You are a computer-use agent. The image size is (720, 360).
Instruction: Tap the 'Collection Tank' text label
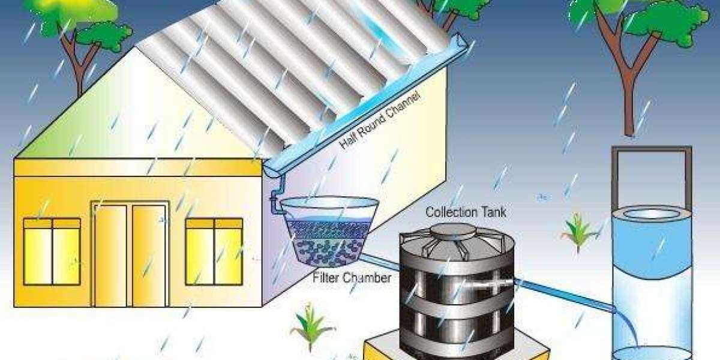click(x=466, y=212)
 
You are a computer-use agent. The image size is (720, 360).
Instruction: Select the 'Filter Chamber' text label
click(x=352, y=278)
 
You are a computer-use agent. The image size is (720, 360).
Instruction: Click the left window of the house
click(x=52, y=251)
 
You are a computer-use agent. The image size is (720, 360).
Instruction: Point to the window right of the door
click(x=214, y=251)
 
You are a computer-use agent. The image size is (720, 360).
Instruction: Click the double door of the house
click(x=130, y=254)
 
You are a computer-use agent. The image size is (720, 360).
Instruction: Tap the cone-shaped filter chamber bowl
click(x=327, y=231)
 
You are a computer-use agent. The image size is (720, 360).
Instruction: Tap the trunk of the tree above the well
click(x=628, y=90)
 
